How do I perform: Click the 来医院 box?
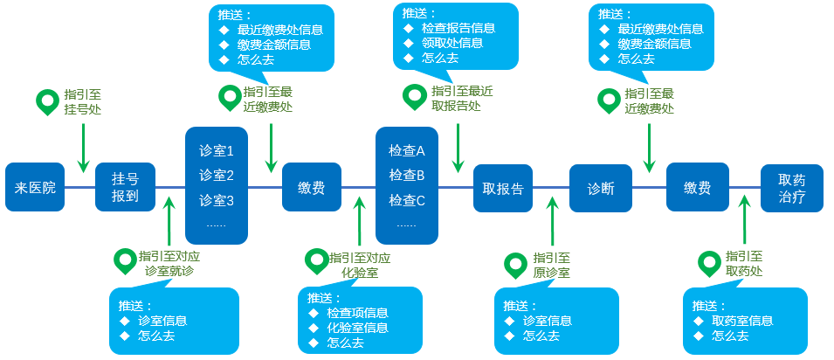(35, 187)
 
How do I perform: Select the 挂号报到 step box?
(125, 187)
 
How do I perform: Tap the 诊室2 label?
(217, 175)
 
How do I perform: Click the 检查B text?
(406, 175)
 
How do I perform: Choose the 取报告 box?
(503, 187)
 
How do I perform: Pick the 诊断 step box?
(600, 187)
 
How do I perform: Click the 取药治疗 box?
(791, 187)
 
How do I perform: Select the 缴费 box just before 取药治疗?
(696, 187)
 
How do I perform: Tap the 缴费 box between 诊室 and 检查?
(311, 187)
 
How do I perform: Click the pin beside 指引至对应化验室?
(315, 260)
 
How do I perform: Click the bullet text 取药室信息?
(741, 321)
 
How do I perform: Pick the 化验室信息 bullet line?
(358, 328)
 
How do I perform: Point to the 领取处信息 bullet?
(451, 44)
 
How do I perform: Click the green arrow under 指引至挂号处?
(83, 148)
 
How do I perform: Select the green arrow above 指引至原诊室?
(552, 223)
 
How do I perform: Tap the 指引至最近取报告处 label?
(462, 99)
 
